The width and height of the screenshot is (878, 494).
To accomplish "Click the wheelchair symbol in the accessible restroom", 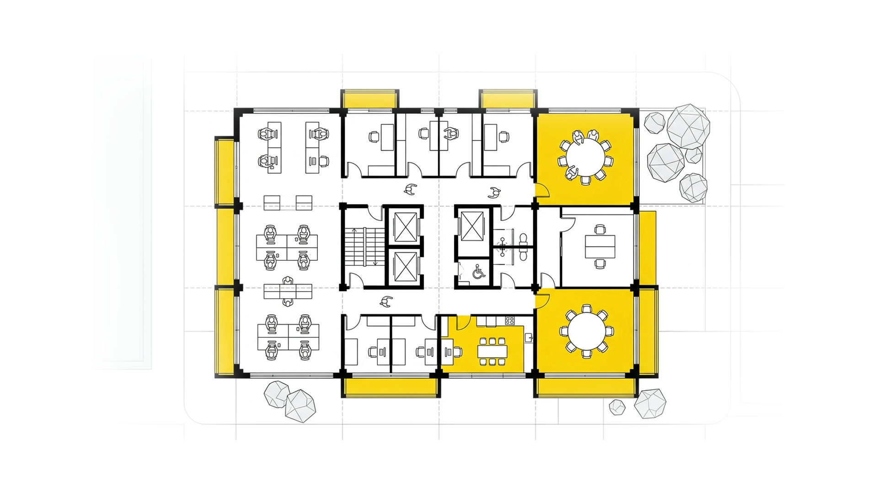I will [478, 272].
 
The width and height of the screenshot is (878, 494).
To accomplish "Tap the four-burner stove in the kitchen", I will [509, 321].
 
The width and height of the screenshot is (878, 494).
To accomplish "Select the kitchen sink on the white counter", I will [529, 338].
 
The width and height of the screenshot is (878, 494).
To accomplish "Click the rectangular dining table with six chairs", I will [493, 352].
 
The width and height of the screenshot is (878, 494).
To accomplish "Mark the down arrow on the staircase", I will [375, 261].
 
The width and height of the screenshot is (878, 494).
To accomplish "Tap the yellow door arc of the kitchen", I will [462, 322].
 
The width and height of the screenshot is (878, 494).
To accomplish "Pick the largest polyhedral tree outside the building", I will [688, 126].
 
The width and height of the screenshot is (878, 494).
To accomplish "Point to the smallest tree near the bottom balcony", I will [617, 407].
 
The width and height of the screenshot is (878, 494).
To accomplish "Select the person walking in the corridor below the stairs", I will [386, 301].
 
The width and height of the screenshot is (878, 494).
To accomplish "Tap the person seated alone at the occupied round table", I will [571, 173].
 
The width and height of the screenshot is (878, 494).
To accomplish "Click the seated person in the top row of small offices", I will [451, 134].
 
